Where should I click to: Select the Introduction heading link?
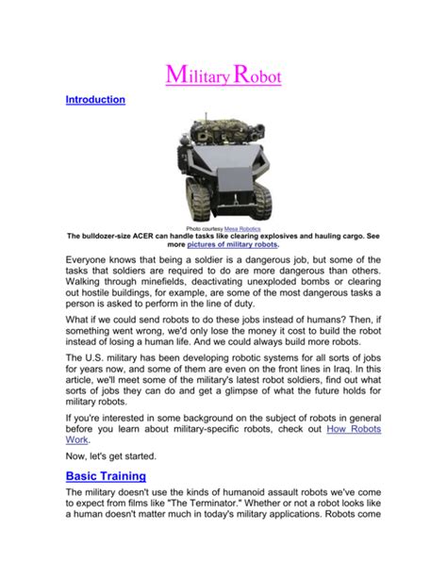tap(94, 99)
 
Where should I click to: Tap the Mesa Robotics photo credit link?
tap(243, 228)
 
